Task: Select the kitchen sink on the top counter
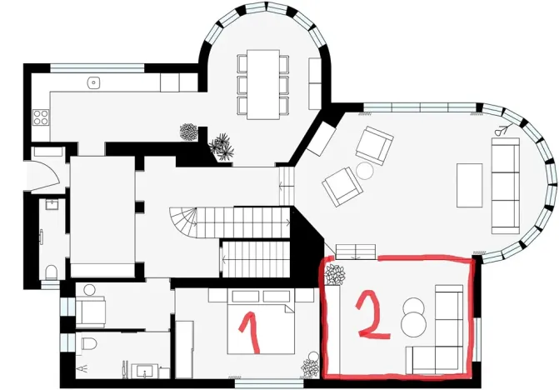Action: (94, 82)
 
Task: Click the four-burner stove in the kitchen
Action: (40, 117)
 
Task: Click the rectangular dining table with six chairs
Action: (267, 83)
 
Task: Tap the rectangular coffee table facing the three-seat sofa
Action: (469, 185)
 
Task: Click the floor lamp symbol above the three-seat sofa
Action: (502, 130)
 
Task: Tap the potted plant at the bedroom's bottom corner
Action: (311, 363)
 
